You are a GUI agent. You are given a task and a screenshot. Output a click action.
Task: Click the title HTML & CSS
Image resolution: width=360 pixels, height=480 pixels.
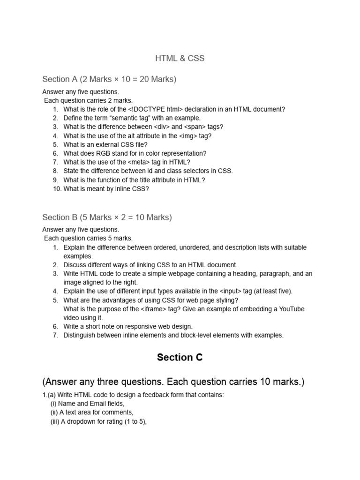[x=180, y=59]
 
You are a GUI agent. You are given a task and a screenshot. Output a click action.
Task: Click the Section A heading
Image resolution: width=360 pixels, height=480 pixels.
[x=109, y=79]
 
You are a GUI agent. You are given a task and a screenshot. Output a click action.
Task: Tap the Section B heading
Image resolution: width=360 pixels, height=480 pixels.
[x=107, y=217]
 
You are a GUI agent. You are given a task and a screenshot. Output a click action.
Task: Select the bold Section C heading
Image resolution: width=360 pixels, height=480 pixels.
[x=180, y=358]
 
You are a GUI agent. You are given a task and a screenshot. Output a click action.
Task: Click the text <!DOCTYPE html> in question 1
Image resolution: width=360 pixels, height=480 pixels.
[x=158, y=109]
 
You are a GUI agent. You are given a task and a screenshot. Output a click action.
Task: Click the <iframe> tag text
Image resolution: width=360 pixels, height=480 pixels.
[x=151, y=309]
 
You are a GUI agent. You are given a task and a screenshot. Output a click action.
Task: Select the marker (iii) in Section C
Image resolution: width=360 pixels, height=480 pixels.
[x=55, y=421]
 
